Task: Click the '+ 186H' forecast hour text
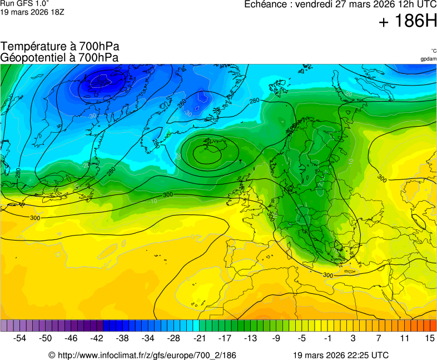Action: pos(408,22)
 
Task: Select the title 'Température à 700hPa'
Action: pos(60,47)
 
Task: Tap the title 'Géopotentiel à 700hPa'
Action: pos(59,57)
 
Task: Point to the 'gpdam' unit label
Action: pos(428,59)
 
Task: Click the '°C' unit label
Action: pos(433,51)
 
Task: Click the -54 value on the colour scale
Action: pos(20,338)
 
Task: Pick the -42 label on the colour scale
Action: pos(97,338)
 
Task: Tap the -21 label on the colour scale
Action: pos(199,338)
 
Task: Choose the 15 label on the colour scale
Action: pos(429,338)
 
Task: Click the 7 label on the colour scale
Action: pos(378,338)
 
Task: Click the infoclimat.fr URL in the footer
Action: pos(142,355)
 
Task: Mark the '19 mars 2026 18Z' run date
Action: pos(32,12)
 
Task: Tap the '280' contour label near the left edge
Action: pos(18,173)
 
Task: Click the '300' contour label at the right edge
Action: pos(382,178)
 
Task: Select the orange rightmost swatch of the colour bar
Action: pos(434,325)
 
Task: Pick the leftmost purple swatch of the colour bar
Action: pos(4,325)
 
